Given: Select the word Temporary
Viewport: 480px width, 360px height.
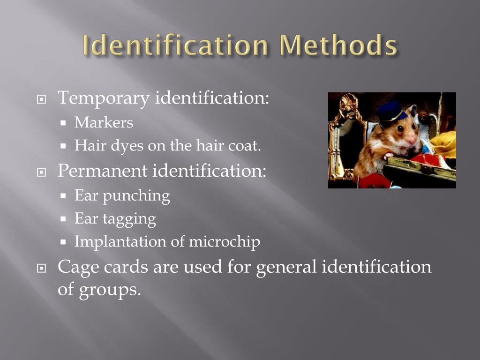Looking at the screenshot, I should pos(104,98).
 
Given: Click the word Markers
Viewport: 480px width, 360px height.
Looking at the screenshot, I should pos(104,123).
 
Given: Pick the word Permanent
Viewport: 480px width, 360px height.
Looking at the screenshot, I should pos(102,171).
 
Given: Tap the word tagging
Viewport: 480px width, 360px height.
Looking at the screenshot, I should pos(129,219).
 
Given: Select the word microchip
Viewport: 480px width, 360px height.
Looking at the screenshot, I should pos(224,242).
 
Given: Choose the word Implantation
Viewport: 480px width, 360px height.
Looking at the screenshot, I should pos(120,242).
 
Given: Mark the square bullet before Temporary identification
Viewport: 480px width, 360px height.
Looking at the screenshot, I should pos(42,100).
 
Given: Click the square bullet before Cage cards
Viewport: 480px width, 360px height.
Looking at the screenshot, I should pos(42,269).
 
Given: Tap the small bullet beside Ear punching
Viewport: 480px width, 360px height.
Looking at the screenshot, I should pos(64,196).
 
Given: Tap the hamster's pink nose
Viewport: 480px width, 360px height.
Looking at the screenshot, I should pos(414,139).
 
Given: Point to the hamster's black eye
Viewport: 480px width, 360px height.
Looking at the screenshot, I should pos(401,128).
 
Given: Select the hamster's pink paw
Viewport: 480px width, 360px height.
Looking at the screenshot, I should pos(388,156).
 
